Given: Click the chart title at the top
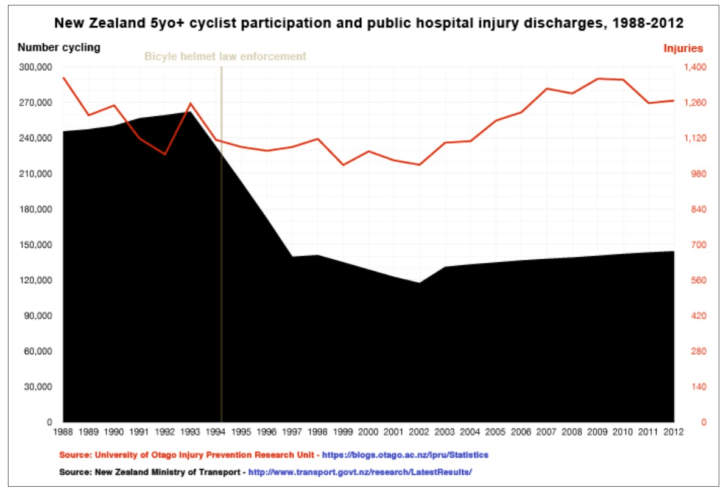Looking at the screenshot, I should [368, 24].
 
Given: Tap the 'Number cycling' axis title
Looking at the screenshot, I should [59, 47].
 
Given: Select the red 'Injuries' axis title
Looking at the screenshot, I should [683, 49].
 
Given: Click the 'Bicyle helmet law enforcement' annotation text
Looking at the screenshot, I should [225, 57].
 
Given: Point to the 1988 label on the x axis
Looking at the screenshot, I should [63, 432].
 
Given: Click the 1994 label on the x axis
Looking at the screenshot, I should [216, 432].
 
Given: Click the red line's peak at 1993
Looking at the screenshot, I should [191, 103].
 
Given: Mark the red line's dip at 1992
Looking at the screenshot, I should [165, 155].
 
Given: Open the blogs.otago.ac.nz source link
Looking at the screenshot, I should [405, 454].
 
